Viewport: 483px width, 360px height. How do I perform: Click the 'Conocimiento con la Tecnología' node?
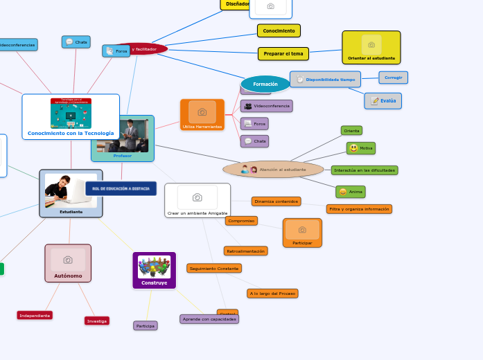[71, 117]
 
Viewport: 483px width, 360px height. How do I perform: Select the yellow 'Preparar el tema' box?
[283, 54]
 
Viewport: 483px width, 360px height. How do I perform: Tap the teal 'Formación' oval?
[265, 84]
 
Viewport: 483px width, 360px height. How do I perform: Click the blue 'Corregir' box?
[393, 78]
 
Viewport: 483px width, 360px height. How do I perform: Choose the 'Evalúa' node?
[383, 101]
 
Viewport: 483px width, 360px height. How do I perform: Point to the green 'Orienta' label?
[351, 130]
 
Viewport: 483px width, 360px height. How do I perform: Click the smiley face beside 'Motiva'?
[353, 148]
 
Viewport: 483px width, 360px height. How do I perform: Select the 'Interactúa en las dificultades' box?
[365, 170]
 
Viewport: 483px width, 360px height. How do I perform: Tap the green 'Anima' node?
[351, 192]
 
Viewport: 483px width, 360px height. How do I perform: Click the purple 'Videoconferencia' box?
[266, 106]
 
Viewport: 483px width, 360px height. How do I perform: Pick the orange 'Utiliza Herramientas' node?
[202, 115]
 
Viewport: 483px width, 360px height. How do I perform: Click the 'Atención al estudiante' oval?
[273, 170]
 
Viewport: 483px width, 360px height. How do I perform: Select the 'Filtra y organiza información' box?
[359, 209]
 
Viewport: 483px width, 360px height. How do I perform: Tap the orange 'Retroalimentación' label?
[245, 251]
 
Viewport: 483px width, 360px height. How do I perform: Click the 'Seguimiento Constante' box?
[214, 269]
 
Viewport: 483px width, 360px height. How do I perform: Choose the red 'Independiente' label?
[35, 316]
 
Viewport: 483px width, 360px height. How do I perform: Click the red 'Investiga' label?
[97, 321]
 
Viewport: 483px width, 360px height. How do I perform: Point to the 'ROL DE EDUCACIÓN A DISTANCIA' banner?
[121, 188]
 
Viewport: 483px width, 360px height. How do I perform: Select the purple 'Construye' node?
[155, 270]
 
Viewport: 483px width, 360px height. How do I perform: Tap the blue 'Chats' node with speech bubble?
[76, 42]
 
